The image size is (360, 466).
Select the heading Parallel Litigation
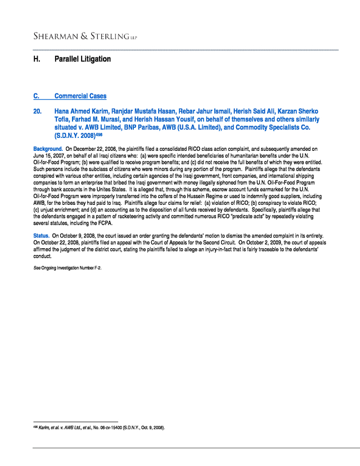click(x=83, y=59)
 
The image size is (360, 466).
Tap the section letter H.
click(x=37, y=59)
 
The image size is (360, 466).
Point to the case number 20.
click(x=38, y=111)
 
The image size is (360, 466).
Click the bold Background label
click(x=48, y=149)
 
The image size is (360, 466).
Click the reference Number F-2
click(x=91, y=268)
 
